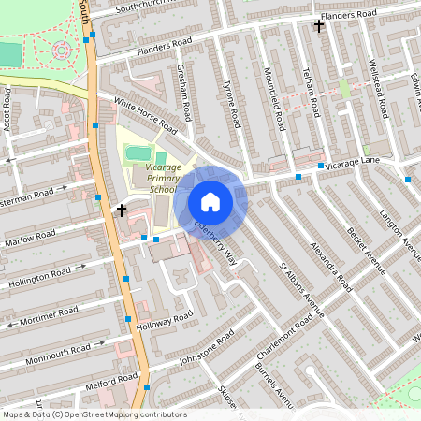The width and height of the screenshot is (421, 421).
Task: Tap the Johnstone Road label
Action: tap(206, 351)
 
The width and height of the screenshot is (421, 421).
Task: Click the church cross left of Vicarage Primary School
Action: tap(122, 210)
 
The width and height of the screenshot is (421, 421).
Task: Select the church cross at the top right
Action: tap(319, 25)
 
